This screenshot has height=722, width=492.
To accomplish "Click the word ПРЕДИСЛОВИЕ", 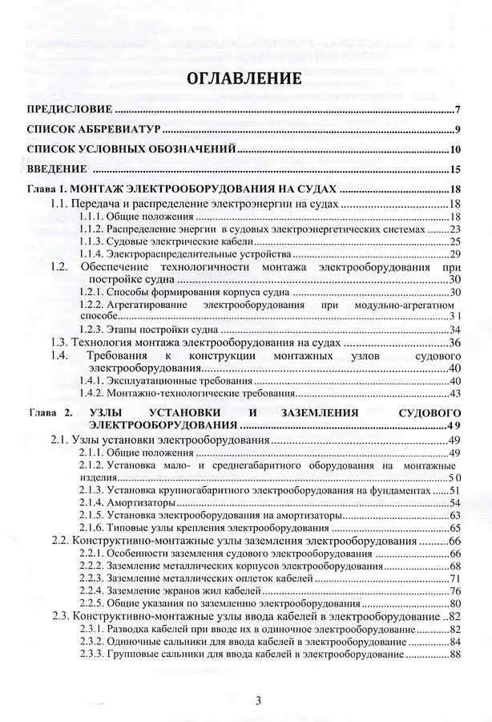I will pyautogui.click(x=68, y=110).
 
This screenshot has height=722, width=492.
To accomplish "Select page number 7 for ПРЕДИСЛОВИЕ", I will pyautogui.click(x=455, y=110).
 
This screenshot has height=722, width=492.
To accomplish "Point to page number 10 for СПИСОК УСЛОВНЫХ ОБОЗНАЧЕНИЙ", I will pyautogui.click(x=453, y=149).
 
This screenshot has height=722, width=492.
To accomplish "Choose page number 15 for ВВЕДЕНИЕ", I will pyautogui.click(x=453, y=169).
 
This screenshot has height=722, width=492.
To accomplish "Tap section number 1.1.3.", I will pyautogui.click(x=92, y=241).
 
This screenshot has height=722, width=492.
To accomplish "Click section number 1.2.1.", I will pyautogui.click(x=92, y=291).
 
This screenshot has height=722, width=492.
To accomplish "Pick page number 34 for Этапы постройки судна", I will pyautogui.click(x=454, y=330).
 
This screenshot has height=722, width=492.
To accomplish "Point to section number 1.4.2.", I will pyautogui.click(x=92, y=393).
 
